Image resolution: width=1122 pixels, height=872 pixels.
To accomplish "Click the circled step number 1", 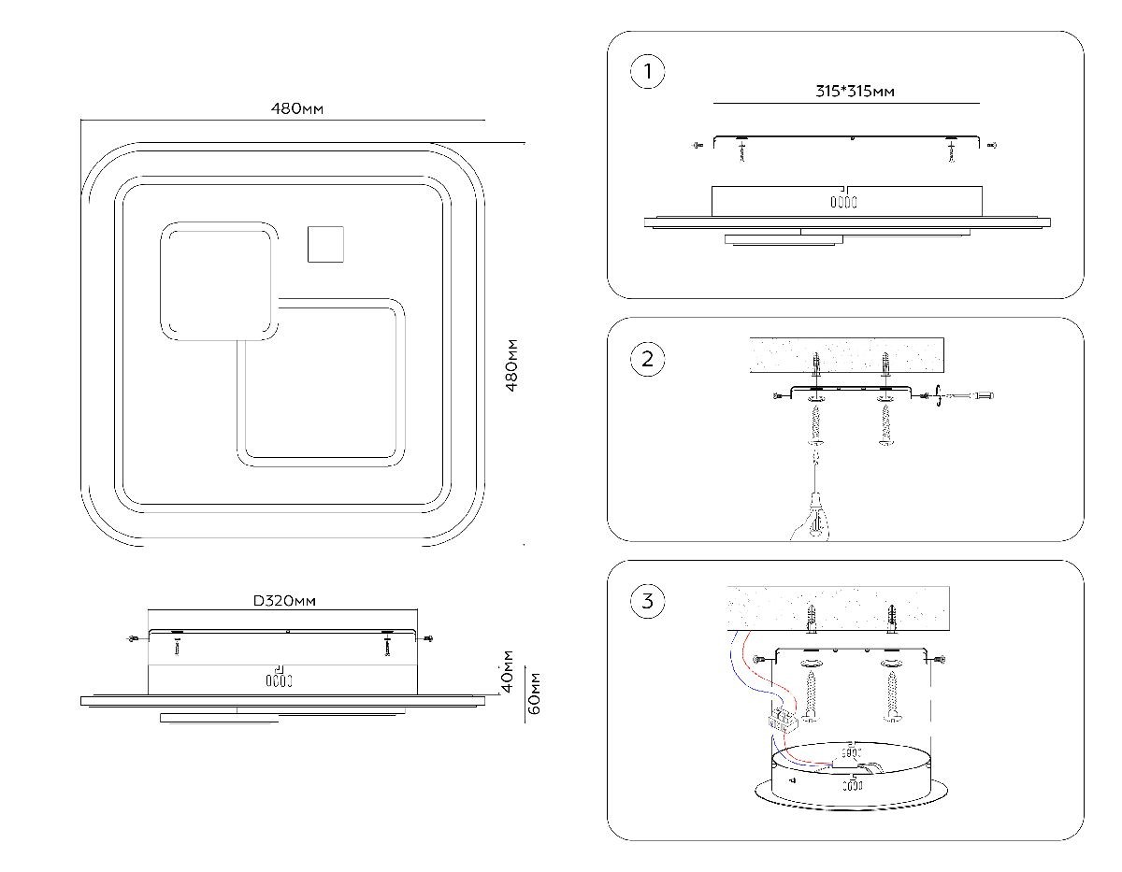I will point(648,72).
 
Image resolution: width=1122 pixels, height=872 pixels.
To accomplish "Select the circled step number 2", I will point(648,359).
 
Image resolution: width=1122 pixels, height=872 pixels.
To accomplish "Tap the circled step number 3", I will point(648,601).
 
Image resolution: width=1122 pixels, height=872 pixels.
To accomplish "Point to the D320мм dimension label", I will point(284,600).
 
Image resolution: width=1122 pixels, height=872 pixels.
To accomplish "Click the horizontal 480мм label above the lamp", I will point(297,108).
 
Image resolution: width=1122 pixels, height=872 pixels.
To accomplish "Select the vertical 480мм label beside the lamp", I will point(511,365).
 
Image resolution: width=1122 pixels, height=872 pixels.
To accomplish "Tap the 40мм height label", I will point(508,671).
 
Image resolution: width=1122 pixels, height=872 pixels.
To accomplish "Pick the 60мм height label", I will point(535,693).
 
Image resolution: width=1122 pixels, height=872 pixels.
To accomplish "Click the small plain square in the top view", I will point(325,245).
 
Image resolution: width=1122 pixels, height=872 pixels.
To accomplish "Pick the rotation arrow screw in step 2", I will point(938,398).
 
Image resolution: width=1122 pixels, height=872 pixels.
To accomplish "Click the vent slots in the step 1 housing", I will point(845,201).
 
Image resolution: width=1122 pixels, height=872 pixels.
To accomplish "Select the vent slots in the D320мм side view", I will point(274,680).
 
